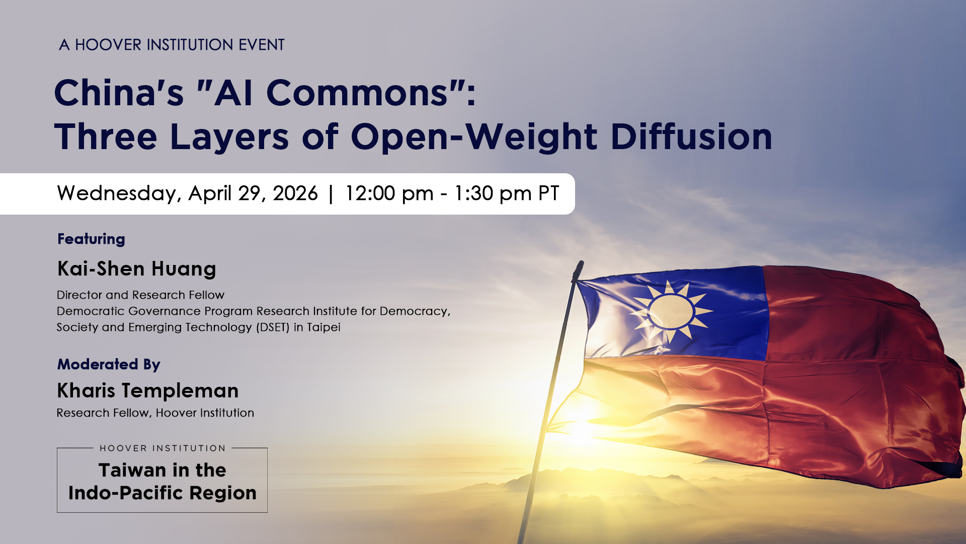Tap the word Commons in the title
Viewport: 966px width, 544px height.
tap(357, 93)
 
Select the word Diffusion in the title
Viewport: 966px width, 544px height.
tap(691, 137)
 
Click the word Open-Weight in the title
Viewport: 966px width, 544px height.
tap(474, 138)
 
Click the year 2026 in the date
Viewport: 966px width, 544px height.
tap(295, 193)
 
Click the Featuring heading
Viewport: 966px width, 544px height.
tap(91, 239)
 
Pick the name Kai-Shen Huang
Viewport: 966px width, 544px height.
tap(137, 269)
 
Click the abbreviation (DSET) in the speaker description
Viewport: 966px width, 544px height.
tap(273, 327)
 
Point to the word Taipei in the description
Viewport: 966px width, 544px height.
tap(324, 327)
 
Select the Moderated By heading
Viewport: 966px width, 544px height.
tap(109, 364)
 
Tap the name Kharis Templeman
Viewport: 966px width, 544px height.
tap(148, 391)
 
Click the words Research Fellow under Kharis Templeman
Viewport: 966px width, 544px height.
tap(103, 413)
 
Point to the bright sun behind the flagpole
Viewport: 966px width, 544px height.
tap(579, 428)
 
